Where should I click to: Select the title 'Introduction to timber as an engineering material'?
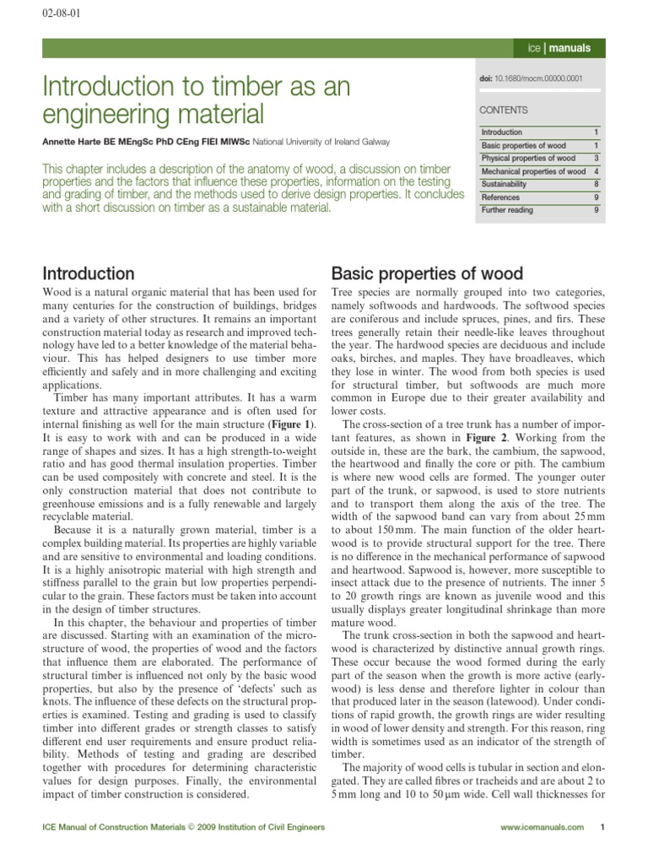click(x=196, y=100)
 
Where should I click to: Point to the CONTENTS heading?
click(x=504, y=110)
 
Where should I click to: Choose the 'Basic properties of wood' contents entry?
click(x=523, y=146)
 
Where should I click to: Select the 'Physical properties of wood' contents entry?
click(x=528, y=159)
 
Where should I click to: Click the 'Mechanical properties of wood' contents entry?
click(x=533, y=171)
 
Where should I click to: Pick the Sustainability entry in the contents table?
click(x=504, y=184)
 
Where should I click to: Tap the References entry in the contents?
click(x=500, y=197)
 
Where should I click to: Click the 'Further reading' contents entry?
click(x=507, y=210)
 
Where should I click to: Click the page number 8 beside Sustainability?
click(x=596, y=184)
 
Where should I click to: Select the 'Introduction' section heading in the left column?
click(x=88, y=273)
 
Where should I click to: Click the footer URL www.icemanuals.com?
click(x=541, y=828)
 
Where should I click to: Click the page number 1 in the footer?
click(x=602, y=828)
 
